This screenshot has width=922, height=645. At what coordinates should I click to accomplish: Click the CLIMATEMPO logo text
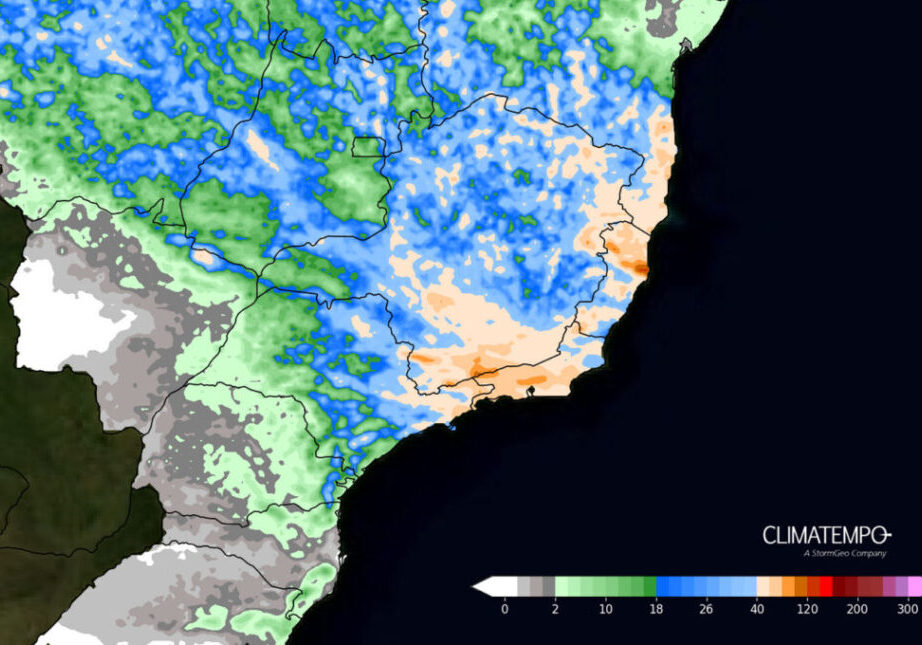coord(826,535)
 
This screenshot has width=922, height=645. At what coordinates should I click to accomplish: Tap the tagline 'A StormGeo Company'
coord(845,553)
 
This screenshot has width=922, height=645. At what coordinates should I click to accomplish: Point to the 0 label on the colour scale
coord(504,608)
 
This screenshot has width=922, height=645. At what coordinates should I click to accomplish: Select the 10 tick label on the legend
coord(604,608)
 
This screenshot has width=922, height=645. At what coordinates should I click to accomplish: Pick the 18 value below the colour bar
coord(656,608)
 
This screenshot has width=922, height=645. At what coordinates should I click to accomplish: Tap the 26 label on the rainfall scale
coord(706,608)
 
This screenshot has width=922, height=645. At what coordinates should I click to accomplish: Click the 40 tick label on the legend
coord(757,608)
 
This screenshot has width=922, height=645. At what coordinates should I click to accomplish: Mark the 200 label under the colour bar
coord(857,608)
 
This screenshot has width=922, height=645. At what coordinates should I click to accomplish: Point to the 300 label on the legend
coord(907,608)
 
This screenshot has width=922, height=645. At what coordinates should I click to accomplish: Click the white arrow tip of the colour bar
coord(479,586)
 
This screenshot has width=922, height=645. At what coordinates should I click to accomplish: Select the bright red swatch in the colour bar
coord(826,586)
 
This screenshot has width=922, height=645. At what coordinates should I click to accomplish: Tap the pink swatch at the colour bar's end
coord(915,586)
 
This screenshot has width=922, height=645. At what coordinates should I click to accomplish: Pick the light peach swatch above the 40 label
coord(763,586)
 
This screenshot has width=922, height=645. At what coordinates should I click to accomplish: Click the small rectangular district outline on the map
coord(367,147)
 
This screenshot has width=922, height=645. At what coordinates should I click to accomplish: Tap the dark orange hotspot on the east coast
coord(636,266)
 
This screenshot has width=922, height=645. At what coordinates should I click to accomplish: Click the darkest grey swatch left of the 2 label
coord(547,586)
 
